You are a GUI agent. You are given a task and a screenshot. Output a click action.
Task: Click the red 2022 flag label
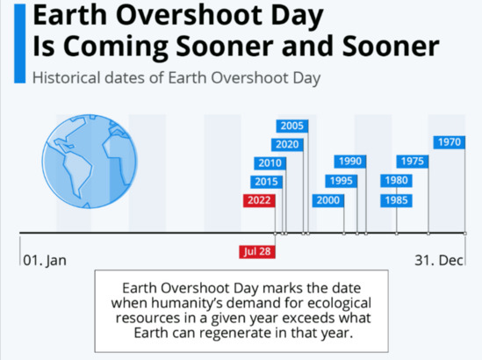click(x=259, y=200)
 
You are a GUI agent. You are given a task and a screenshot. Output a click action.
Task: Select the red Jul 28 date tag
click(x=257, y=251)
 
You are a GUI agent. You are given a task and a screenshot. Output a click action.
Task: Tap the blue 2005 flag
click(x=292, y=126)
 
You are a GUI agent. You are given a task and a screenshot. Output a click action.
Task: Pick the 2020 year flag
click(x=287, y=145)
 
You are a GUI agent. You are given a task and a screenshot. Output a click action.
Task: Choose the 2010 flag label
click(x=270, y=163)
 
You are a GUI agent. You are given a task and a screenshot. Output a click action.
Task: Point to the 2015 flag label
click(x=266, y=182)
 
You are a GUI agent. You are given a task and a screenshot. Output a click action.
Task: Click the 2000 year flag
click(x=328, y=200)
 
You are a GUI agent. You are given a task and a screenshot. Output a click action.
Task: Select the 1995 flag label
click(x=342, y=181)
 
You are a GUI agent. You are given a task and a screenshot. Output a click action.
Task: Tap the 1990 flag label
click(x=350, y=162)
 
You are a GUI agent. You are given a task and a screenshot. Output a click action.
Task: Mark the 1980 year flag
click(x=396, y=181)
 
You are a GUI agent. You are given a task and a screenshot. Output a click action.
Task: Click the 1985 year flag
click(x=396, y=200)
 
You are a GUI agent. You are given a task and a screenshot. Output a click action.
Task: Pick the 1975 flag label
click(x=413, y=162)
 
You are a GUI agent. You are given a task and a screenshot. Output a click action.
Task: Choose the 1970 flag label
click(x=450, y=142)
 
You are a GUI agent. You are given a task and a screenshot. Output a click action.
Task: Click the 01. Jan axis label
click(x=45, y=261)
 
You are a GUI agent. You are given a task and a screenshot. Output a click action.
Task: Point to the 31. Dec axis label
click(x=439, y=261)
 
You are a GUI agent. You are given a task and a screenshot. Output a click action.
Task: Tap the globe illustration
click(x=90, y=162)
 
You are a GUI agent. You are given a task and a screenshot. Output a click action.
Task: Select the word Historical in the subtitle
click(x=67, y=77)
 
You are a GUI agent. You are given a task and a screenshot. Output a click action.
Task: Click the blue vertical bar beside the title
click(x=19, y=44)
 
